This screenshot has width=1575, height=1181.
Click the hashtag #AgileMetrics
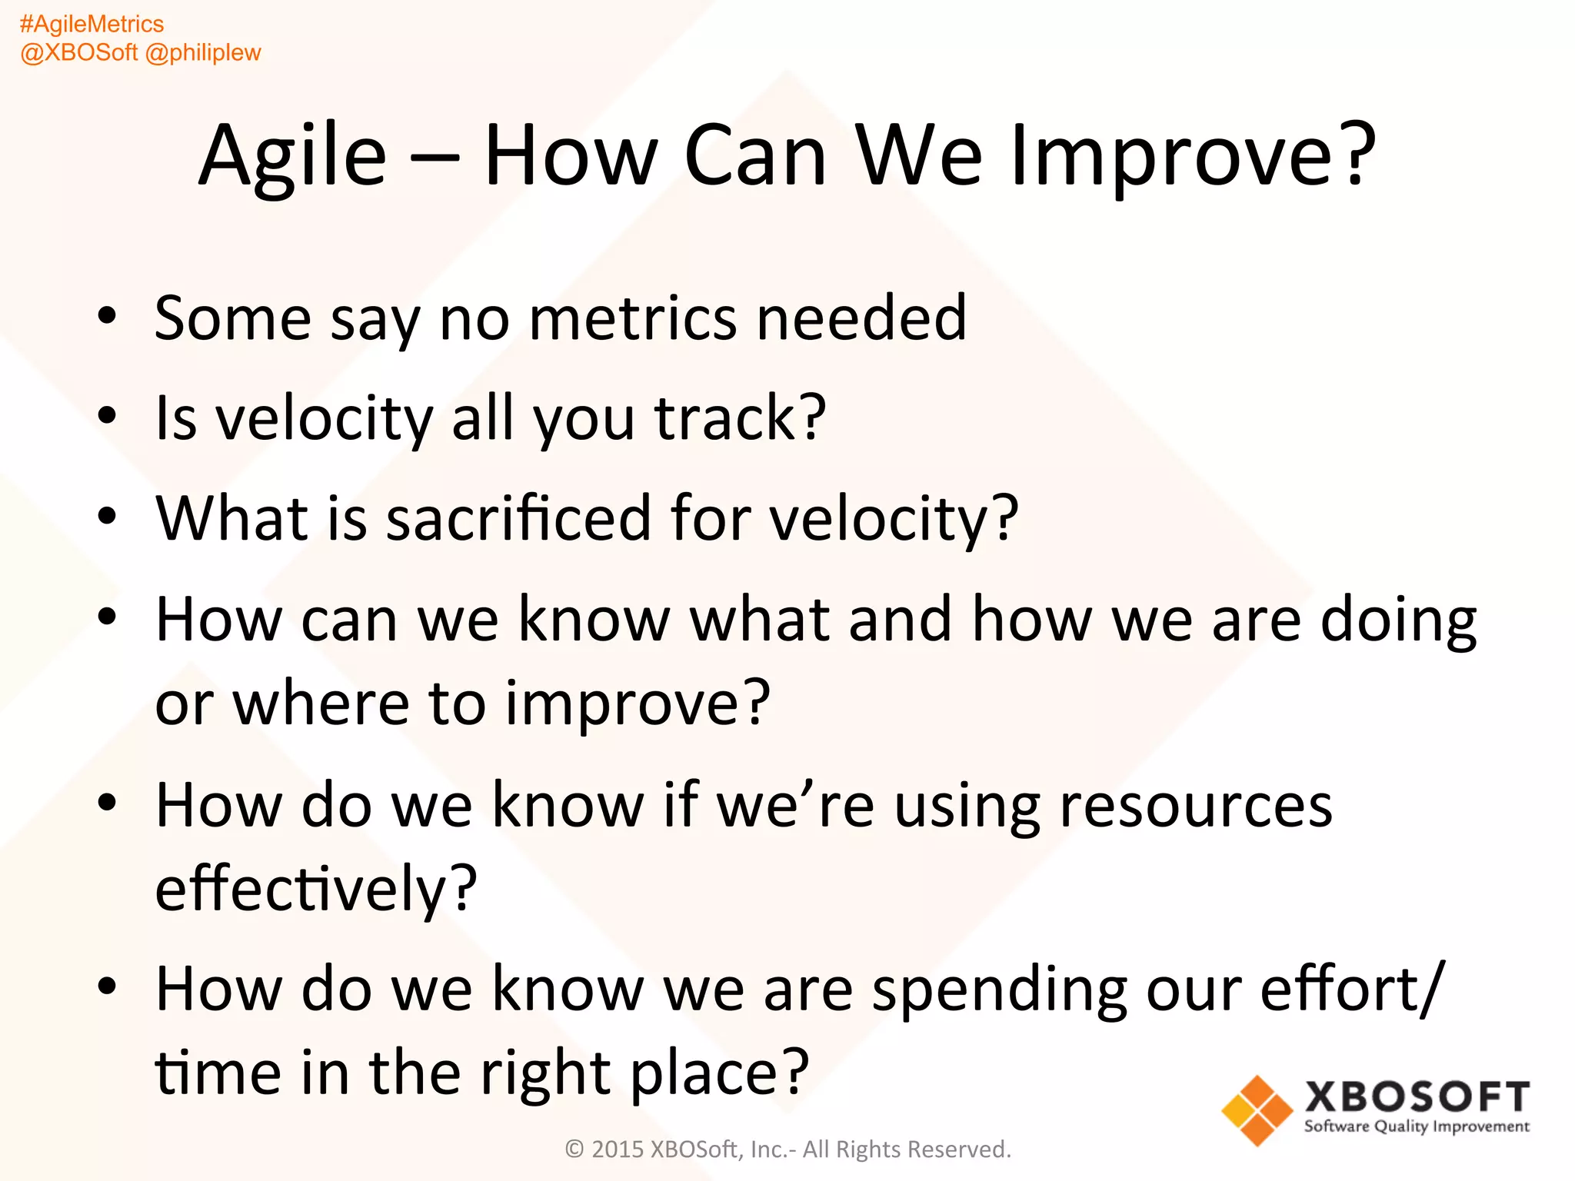click(92, 24)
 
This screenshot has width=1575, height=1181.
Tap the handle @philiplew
click(203, 52)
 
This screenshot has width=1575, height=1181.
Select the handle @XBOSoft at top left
click(78, 52)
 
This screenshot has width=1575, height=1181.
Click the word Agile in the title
click(292, 156)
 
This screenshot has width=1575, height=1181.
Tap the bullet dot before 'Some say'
click(107, 316)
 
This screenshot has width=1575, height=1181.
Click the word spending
click(999, 990)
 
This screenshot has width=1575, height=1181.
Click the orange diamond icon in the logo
click(1257, 1110)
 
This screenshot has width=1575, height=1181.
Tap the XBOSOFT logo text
click(1417, 1096)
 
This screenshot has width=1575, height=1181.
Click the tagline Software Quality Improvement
click(1417, 1126)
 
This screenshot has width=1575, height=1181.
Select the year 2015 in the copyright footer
click(617, 1149)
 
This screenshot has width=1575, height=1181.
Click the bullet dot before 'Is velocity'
click(107, 416)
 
